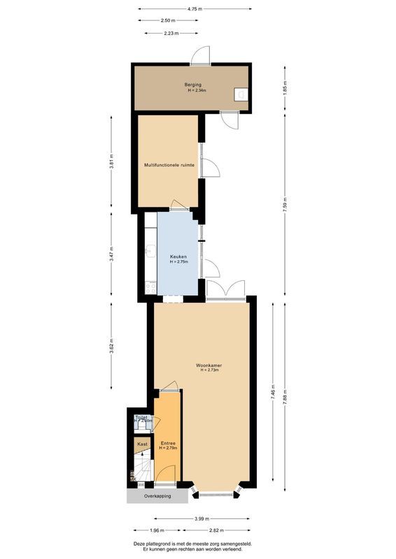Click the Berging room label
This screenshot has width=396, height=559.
coord(194,85)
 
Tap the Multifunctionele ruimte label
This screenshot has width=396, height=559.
coord(169,165)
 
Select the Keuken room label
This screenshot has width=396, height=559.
coord(178,257)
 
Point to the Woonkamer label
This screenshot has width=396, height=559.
coord(209,365)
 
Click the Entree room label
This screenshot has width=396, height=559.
coord(167,443)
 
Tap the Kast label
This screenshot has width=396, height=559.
coord(142,444)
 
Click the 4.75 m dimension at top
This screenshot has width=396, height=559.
coord(195,8)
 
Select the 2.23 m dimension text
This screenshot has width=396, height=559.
coord(171,33)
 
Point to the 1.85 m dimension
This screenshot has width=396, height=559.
coord(285,89)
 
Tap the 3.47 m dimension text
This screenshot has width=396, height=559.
coord(111,254)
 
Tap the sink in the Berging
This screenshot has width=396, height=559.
coord(241,94)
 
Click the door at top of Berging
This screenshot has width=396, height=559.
coord(200,55)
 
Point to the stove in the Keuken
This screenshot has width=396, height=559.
coord(150,286)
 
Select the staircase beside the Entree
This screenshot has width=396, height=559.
coord(143,469)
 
